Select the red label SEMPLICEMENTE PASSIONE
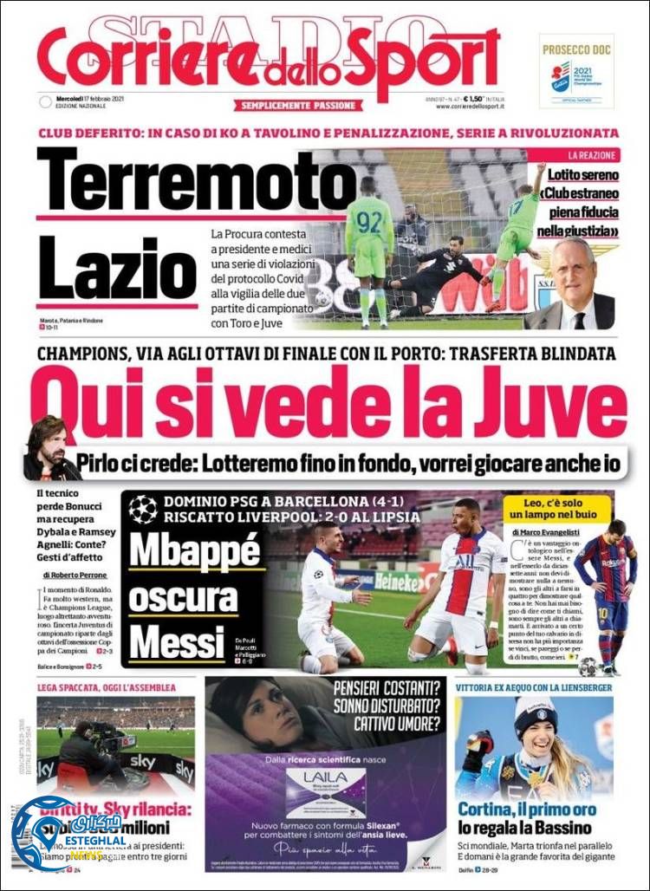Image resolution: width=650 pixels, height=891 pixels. point(296,105)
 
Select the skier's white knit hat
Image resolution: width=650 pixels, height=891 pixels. point(536,713)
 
